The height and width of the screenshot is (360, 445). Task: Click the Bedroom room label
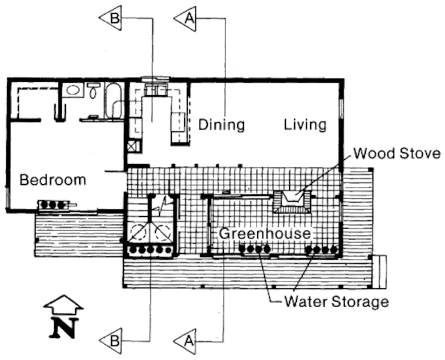point(53,180)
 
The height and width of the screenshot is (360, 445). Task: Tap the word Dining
point(222,125)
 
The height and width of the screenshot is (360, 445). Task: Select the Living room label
point(305,125)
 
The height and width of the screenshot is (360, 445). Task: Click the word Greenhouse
point(265,234)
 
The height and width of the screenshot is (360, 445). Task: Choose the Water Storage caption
point(336,302)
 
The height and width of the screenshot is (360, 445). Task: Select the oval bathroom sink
point(72,90)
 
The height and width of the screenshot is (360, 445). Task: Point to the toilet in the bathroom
point(93,90)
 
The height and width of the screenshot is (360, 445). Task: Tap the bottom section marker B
point(111,341)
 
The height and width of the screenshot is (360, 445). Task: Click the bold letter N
point(63,327)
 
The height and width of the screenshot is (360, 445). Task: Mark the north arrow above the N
point(63,304)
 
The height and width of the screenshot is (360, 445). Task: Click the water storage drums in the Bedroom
point(55,205)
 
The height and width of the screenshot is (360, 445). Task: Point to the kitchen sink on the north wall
point(156,90)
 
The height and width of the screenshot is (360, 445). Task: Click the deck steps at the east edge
point(380,271)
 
